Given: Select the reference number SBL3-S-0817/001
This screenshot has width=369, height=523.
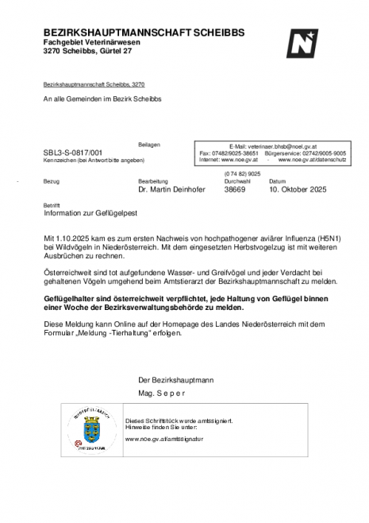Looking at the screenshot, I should tap(73, 152).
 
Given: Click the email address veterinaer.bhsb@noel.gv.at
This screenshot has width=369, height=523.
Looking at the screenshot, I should tap(272, 146).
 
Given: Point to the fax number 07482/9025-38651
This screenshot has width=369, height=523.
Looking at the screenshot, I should tap(247, 153).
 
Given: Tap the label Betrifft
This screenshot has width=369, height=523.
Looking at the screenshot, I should tap(51, 205).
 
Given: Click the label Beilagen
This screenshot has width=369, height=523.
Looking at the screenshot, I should tap(149, 145).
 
